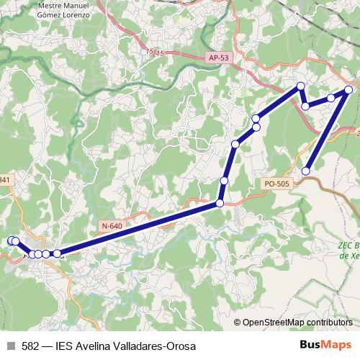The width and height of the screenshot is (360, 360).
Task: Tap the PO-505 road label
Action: (276, 184)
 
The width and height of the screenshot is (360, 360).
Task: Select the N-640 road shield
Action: (112, 226)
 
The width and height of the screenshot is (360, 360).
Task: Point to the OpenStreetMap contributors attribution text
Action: (297, 323)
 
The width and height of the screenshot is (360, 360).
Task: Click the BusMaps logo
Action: (325, 346)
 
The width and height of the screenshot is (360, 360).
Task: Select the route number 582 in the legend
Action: (31, 346)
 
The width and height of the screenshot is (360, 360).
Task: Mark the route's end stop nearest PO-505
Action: (306, 171)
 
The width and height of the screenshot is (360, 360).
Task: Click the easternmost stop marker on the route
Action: (348, 90)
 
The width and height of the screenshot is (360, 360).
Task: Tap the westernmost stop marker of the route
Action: (11, 240)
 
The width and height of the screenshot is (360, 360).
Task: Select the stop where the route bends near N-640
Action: (220, 204)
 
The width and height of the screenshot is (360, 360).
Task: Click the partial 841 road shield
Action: (5, 179)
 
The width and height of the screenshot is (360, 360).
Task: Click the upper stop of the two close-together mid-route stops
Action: (256, 118)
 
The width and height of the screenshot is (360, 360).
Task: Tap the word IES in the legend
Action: (65, 346)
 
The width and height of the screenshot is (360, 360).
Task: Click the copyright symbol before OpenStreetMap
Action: (238, 323)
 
